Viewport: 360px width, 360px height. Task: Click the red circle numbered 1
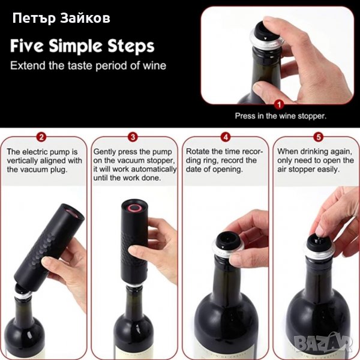(x=279, y=105)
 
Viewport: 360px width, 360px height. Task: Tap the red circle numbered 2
(x=41, y=137)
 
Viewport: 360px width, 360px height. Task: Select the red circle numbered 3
(x=133, y=137)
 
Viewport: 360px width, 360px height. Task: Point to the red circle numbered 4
(x=226, y=137)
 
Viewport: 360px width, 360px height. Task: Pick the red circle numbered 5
(x=319, y=137)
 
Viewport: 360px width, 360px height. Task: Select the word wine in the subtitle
(x=155, y=65)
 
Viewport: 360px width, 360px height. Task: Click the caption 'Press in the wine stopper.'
(x=281, y=116)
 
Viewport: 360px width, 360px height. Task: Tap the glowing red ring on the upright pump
(x=134, y=208)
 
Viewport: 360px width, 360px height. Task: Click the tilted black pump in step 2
(x=49, y=247)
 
